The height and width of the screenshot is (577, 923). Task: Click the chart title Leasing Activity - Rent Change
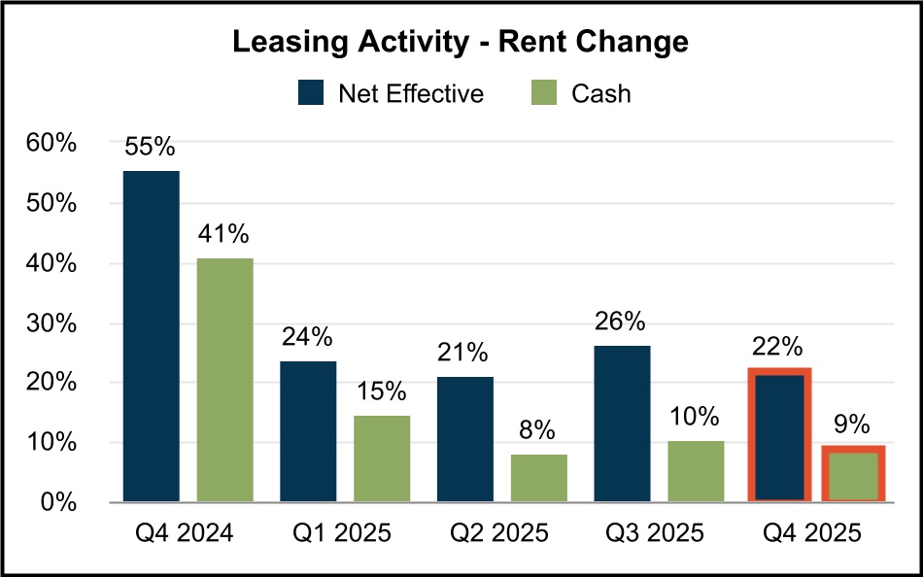coord(461,43)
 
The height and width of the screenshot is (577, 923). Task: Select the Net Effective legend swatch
coord(312,93)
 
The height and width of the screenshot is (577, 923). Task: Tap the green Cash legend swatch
coord(545,93)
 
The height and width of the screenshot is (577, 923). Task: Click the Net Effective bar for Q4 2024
coord(151,336)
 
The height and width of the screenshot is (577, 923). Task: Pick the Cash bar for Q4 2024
coord(225,380)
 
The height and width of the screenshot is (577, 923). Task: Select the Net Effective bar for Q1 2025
coord(308,431)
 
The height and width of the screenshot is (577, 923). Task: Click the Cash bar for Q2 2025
coord(539,478)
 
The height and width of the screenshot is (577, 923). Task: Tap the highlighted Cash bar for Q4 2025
coord(854,474)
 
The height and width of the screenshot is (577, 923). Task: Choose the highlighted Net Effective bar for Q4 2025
coord(780,435)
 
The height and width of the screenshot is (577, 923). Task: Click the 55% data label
coord(151,148)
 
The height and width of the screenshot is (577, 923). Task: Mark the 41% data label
coord(225,234)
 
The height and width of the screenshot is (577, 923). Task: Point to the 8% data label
coord(539,430)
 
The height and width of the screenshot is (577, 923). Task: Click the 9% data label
coord(854,424)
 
